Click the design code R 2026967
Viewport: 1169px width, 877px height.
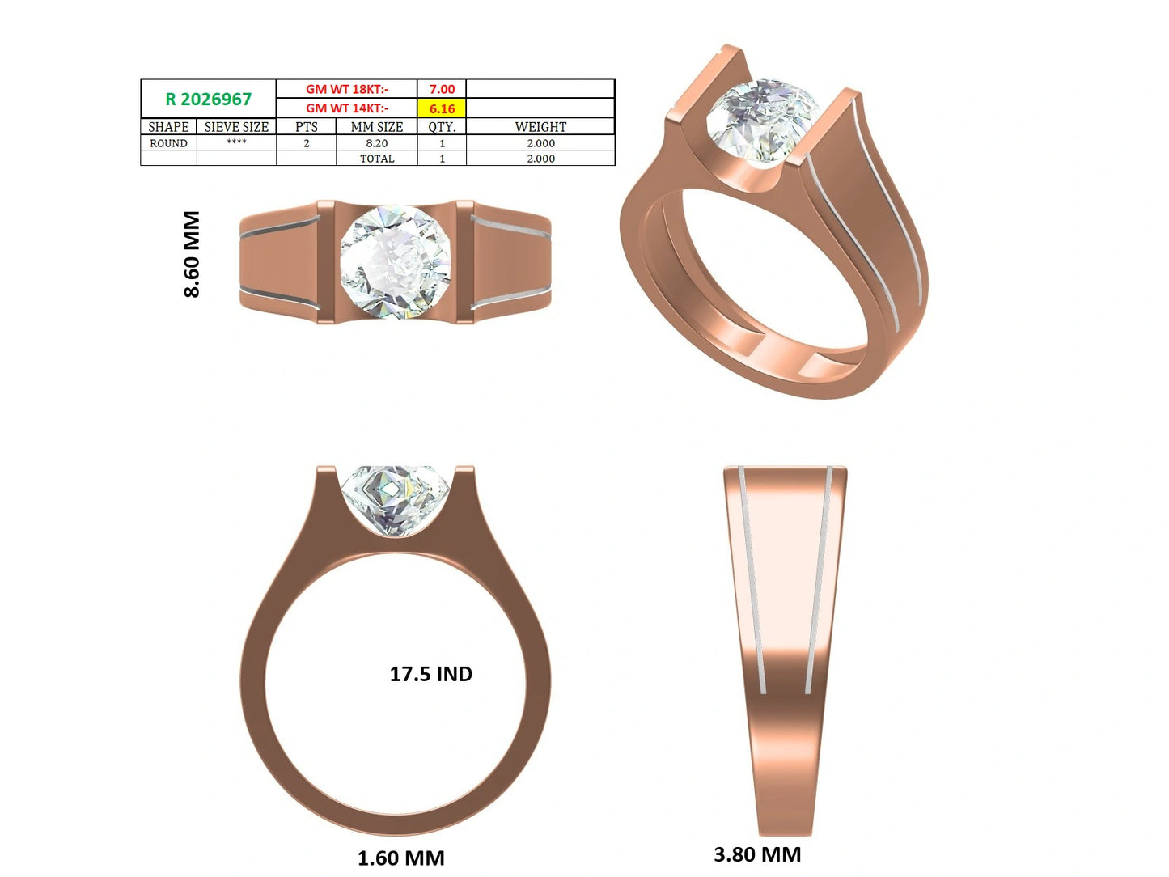[208, 99]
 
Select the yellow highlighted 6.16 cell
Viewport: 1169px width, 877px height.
[442, 108]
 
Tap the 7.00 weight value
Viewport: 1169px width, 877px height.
[442, 89]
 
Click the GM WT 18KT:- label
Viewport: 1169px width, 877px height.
[347, 89]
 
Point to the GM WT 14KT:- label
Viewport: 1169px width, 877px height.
[347, 108]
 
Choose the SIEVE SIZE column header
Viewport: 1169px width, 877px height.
[236, 127]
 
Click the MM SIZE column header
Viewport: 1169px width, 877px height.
[376, 127]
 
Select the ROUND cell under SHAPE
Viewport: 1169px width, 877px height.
[168, 143]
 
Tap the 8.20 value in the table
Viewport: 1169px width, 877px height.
[376, 143]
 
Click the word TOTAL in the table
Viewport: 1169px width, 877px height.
[376, 159]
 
